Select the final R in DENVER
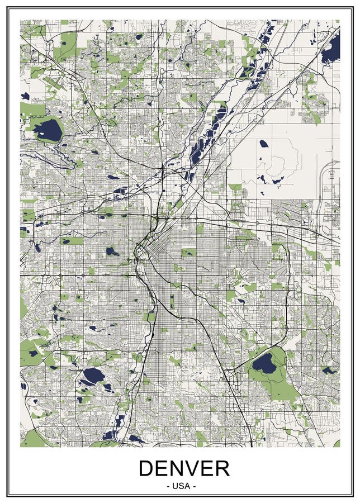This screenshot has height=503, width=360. (x=221, y=468)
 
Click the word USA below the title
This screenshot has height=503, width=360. (x=181, y=486)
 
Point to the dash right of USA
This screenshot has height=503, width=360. (x=194, y=486)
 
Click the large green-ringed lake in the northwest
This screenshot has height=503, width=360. (x=47, y=130)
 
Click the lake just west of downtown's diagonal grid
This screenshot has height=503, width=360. (x=111, y=251)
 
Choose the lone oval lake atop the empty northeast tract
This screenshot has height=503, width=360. (x=263, y=144)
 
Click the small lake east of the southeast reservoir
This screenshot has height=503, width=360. (x=329, y=370)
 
